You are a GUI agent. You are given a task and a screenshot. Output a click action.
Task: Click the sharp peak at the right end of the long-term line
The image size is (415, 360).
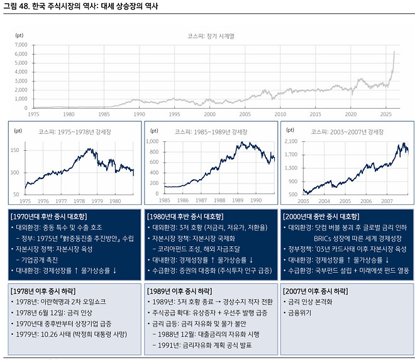(x=394, y=52)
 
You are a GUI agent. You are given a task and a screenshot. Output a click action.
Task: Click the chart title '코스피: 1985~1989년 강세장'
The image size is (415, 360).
(x=207, y=132)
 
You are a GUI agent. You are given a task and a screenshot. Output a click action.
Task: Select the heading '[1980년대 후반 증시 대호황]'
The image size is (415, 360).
(x=187, y=216)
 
